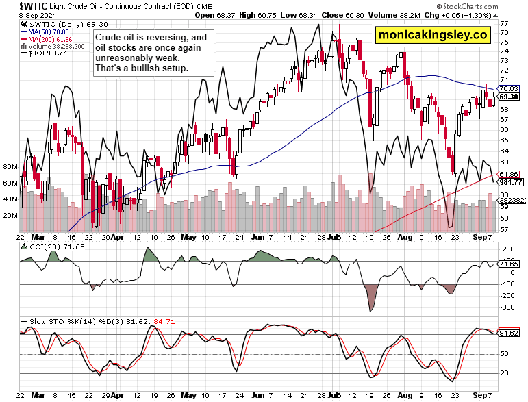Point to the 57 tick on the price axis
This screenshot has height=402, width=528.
coord(503,229)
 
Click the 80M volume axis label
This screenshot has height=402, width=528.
coord(10,166)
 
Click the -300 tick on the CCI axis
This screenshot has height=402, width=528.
coord(507,307)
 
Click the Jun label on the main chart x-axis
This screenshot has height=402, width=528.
coord(257,237)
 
